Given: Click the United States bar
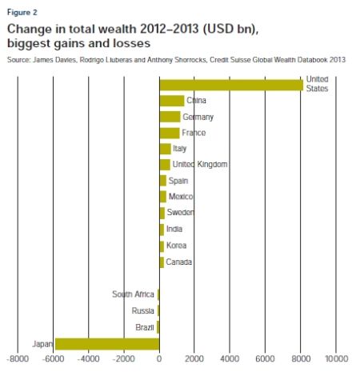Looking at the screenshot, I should [x=231, y=85].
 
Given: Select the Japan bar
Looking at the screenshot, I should [x=107, y=343].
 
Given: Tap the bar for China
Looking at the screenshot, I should [x=171, y=101].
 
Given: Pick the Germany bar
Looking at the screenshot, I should [x=170, y=117].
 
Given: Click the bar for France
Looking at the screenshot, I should [x=169, y=133].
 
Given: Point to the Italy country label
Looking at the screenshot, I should [x=179, y=149].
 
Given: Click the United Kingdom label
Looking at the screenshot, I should [x=200, y=165].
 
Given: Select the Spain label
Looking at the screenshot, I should [x=178, y=181].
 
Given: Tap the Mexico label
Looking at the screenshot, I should [x=181, y=197].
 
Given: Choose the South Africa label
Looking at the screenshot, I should [x=134, y=294].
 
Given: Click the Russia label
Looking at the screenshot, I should [x=143, y=310].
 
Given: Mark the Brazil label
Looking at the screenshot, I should [x=145, y=326].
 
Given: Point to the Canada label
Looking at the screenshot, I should [x=179, y=262].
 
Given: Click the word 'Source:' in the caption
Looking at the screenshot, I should [x=19, y=58].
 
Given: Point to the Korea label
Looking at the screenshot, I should [x=177, y=246].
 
